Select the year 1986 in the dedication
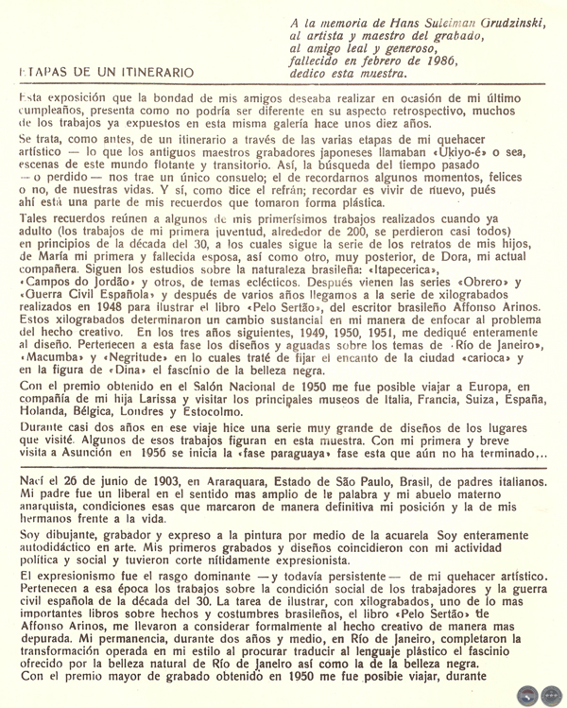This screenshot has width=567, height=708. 437,60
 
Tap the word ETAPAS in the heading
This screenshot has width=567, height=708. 41,72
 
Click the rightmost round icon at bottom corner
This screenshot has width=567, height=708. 551,695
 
